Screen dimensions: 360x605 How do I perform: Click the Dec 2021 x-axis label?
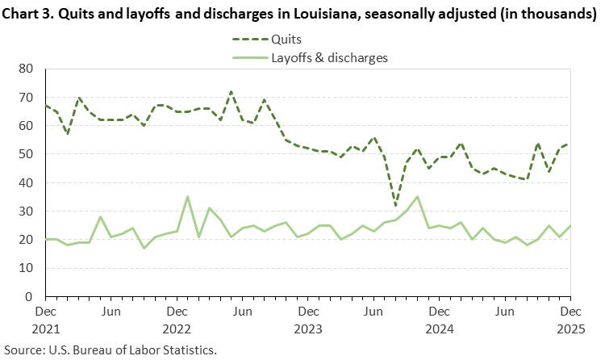tap(45, 318)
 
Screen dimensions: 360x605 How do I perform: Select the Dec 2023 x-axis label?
tap(307, 318)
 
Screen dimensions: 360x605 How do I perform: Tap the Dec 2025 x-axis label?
tap(570, 318)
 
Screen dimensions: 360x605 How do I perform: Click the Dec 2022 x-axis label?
tap(177, 318)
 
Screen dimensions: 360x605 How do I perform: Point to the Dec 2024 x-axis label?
tap(439, 318)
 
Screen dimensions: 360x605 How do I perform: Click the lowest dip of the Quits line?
tap(395, 205)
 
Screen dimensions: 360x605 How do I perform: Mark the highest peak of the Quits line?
tap(232, 92)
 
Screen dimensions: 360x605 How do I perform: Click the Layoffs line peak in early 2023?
tap(187, 197)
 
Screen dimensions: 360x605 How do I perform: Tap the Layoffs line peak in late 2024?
tap(417, 197)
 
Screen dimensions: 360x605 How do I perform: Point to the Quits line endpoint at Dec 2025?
tap(570, 143)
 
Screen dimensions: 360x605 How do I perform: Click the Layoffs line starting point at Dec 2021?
tap(45, 239)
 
